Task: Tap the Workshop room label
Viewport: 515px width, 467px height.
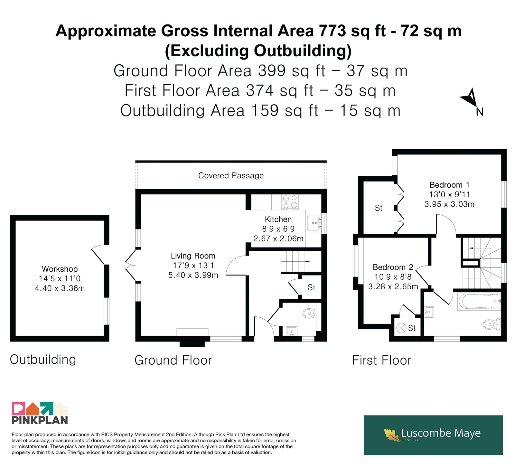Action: pyautogui.click(x=60, y=269)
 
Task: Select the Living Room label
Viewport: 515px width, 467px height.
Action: pyautogui.click(x=193, y=256)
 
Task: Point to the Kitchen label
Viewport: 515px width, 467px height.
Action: pyautogui.click(x=278, y=219)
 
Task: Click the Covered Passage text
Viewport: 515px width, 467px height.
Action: pyautogui.click(x=231, y=176)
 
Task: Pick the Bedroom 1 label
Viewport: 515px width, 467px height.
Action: pyautogui.click(x=449, y=185)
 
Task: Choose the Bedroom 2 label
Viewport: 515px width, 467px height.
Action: pyautogui.click(x=393, y=267)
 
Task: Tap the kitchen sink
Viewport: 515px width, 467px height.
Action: pyautogui.click(x=314, y=223)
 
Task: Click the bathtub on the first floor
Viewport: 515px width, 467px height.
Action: pyautogui.click(x=479, y=301)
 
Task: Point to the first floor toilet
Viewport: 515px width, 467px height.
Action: pyautogui.click(x=492, y=324)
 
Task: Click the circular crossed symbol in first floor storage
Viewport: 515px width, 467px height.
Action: pyautogui.click(x=401, y=328)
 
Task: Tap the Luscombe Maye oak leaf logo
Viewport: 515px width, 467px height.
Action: pyautogui.click(x=392, y=435)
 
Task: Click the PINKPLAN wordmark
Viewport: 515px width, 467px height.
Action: pyautogui.click(x=40, y=420)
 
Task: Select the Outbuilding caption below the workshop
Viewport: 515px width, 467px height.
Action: pyautogui.click(x=43, y=360)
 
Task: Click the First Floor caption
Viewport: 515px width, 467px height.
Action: pyautogui.click(x=382, y=360)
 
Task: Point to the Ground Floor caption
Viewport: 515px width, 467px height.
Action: pyautogui.click(x=173, y=360)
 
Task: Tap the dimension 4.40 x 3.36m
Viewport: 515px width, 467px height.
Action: pyautogui.click(x=60, y=288)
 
